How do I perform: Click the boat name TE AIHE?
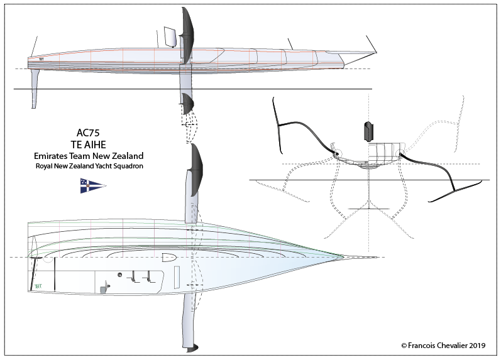pyautogui.click(x=89, y=144)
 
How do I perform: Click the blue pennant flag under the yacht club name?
pyautogui.click(x=92, y=185)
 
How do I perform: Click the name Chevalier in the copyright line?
pyautogui.click(x=450, y=345)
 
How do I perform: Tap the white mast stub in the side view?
pyautogui.click(x=169, y=36)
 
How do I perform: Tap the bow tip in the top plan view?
pyautogui.click(x=343, y=256)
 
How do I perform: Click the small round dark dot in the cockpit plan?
pyautogui.click(x=119, y=274)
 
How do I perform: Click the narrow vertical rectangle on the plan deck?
pyautogui.click(x=177, y=276)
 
